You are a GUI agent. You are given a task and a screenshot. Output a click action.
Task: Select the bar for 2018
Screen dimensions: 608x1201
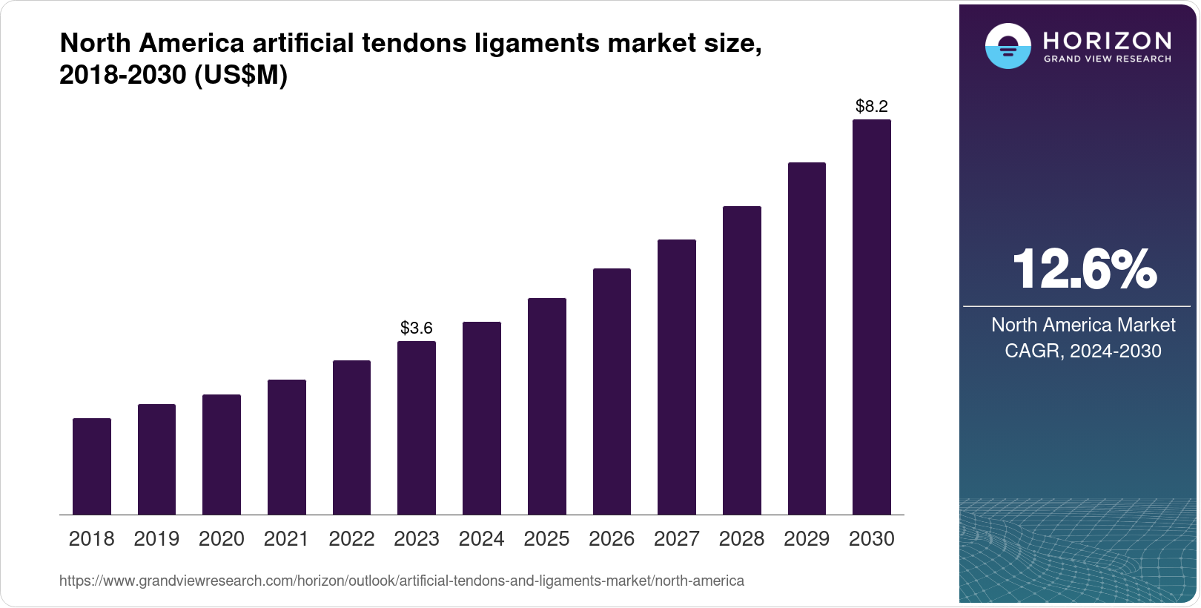(92, 466)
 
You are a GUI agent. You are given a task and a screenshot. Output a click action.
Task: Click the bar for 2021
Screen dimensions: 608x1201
(287, 447)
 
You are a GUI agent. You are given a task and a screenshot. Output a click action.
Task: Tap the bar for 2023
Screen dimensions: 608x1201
(417, 428)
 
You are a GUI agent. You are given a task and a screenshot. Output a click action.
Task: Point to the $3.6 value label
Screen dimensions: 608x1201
(417, 328)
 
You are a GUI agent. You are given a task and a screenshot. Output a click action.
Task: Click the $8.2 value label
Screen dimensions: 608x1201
(872, 106)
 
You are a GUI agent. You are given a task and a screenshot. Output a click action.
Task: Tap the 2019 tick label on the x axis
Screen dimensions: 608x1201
(156, 539)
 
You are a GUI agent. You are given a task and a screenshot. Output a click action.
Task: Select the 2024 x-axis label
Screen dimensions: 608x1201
(482, 539)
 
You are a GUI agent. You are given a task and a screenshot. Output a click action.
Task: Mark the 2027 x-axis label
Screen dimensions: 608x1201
(677, 539)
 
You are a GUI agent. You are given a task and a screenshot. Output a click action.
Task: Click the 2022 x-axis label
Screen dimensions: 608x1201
(351, 539)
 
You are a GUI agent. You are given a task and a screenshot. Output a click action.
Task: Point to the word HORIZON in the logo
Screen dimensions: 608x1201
(1107, 40)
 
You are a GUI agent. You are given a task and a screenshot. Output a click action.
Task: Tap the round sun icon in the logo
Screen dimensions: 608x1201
(1008, 46)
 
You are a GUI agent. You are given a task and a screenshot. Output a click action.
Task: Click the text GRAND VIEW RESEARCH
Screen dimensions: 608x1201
(1107, 59)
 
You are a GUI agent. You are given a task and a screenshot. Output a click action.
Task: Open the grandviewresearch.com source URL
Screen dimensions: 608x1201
(401, 581)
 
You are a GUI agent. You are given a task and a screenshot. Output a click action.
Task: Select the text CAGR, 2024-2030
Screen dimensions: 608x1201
(1083, 351)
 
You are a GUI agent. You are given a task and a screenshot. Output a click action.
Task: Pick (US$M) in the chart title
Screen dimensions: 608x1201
(240, 75)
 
